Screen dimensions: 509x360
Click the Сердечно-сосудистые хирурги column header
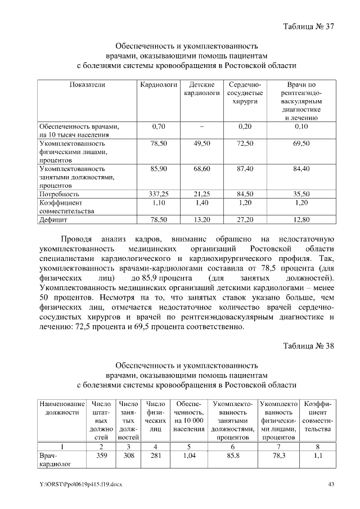pyautogui.click(x=244, y=93)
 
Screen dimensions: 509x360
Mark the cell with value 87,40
pyautogui.click(x=244, y=169)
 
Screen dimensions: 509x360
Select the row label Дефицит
pyautogui.click(x=53, y=219)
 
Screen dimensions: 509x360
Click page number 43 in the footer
pyautogui.click(x=331, y=484)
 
